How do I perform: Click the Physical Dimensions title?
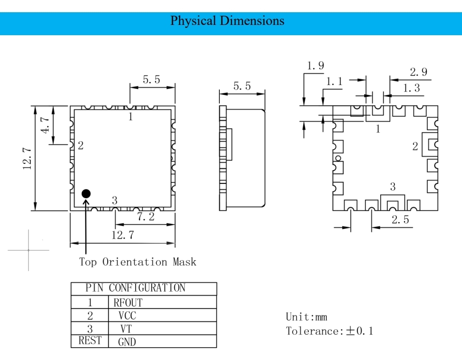(227, 21)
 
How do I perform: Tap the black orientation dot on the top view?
(86, 194)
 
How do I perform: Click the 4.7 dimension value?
(45, 125)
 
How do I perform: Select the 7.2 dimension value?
(145, 217)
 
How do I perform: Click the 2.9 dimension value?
(418, 72)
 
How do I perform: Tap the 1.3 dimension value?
(411, 88)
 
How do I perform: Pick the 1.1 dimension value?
(334, 82)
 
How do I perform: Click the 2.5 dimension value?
(400, 220)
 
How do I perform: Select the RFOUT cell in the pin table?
(128, 303)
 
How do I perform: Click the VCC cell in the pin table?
(127, 315)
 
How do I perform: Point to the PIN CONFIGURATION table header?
(136, 288)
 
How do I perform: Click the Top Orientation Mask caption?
(138, 262)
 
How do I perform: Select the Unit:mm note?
(306, 317)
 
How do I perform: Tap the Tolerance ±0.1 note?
(329, 331)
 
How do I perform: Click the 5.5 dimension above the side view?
(242, 87)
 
